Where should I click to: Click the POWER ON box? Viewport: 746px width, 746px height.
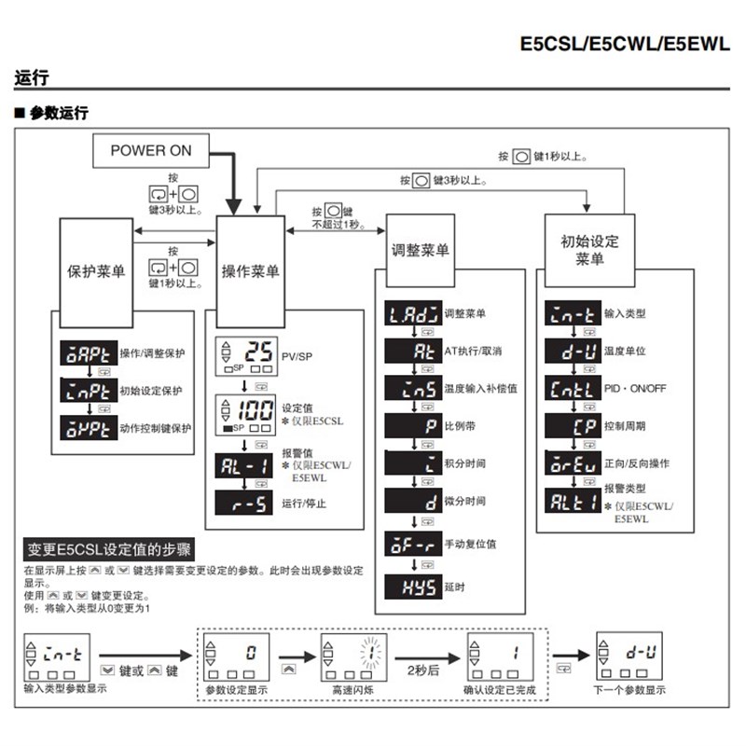coord(151,150)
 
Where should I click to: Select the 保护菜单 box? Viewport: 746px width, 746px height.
coord(97,271)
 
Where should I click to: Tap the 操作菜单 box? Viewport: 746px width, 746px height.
coord(250,271)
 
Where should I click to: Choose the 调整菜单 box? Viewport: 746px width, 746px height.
coord(420,251)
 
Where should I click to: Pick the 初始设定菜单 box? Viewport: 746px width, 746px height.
coord(584,250)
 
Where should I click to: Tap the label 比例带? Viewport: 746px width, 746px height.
coord(461,425)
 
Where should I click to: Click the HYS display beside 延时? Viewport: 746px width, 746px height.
coord(411,587)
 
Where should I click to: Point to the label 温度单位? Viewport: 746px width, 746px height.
coord(625,352)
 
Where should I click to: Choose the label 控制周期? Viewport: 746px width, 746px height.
coord(625,425)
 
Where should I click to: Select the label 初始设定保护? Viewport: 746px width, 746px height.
coord(152,390)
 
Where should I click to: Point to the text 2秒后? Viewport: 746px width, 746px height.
coord(418,669)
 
